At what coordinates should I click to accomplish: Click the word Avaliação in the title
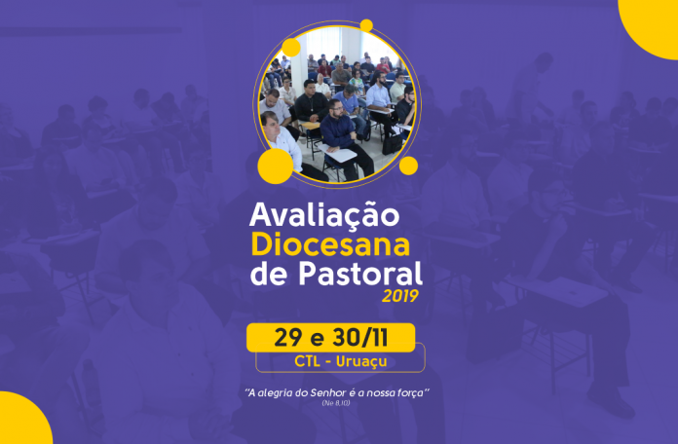(x=324, y=216)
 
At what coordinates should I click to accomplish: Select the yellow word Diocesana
(x=330, y=244)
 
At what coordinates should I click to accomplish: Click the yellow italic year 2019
(x=400, y=296)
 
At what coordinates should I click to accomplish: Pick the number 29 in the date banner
(x=287, y=338)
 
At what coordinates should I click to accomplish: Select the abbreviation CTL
(x=308, y=361)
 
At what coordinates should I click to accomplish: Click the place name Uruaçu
(x=361, y=361)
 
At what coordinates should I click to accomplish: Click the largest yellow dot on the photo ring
(x=276, y=166)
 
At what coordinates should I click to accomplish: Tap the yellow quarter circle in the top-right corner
(x=651, y=26)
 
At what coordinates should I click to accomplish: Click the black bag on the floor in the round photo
(x=392, y=143)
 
